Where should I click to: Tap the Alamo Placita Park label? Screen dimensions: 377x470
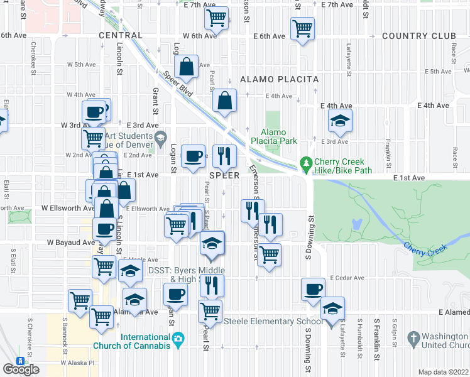point(274,137)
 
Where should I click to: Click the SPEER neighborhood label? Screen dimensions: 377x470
point(224,175)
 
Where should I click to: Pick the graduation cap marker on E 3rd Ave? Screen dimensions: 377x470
point(340,121)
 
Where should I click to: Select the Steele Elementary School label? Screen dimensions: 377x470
point(270,322)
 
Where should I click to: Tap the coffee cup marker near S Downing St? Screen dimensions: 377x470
point(313,290)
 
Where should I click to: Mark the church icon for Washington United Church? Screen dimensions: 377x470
point(413,339)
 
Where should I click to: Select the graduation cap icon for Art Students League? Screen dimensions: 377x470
point(160,136)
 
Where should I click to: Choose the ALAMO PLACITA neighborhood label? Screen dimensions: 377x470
point(279,80)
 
